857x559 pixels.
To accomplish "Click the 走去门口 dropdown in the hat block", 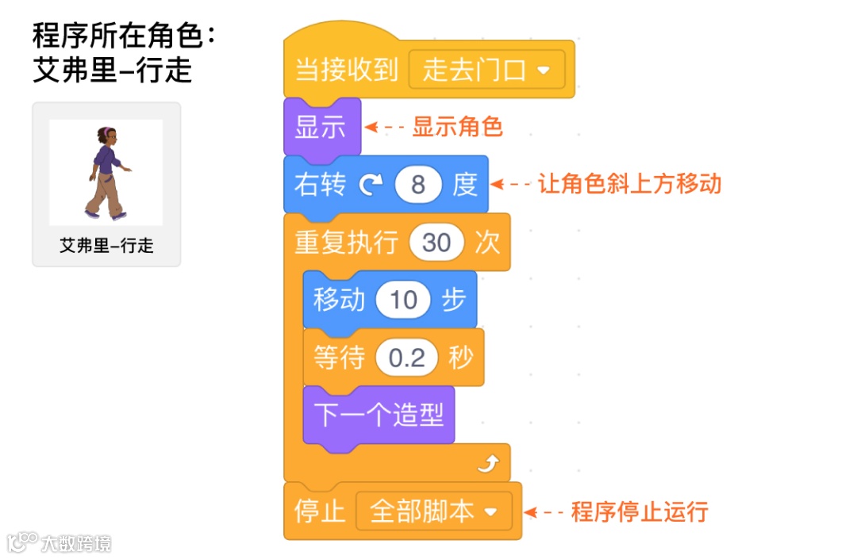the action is click(x=486, y=70).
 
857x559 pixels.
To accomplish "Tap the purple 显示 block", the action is click(x=321, y=127).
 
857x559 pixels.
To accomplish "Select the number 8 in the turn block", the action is click(x=418, y=185).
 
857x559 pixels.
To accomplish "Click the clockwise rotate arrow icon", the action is click(x=370, y=186).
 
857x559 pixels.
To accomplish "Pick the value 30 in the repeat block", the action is click(x=436, y=243).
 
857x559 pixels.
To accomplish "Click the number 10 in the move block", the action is click(x=403, y=300).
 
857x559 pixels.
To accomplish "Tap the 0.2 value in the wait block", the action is click(x=407, y=358).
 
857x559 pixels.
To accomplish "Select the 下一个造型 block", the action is click(x=379, y=415).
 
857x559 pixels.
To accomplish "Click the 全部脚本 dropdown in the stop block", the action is click(x=434, y=511).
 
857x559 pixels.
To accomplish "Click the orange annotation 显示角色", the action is click(x=457, y=127).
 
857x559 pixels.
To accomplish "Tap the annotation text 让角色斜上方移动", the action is click(x=629, y=184).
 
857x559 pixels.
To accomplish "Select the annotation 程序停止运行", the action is click(x=639, y=511).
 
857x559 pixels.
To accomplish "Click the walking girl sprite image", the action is click(x=106, y=172).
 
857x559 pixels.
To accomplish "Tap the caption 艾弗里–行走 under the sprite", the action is click(x=106, y=246).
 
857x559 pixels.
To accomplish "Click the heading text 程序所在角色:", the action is click(x=124, y=36).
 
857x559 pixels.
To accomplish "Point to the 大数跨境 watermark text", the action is click(x=77, y=543).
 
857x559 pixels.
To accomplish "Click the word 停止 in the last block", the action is click(x=320, y=511).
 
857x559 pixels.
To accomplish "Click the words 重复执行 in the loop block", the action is click(x=345, y=243).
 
